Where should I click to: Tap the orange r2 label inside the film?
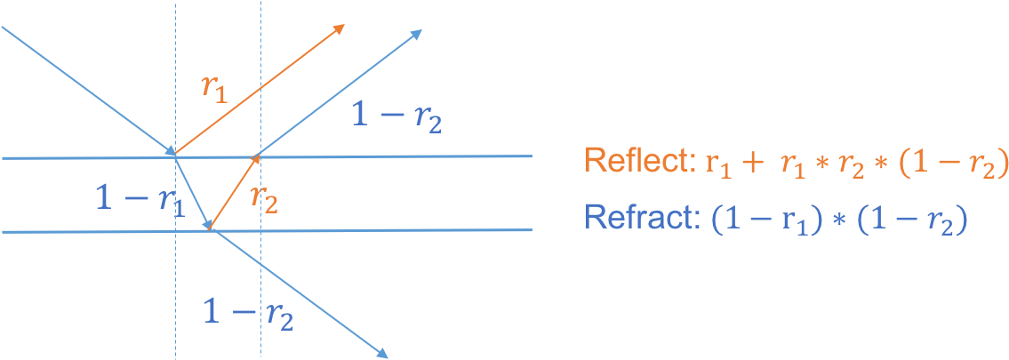pyautogui.click(x=263, y=197)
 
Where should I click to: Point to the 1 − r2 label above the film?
pyautogui.click(x=396, y=117)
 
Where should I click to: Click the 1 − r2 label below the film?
pyautogui.click(x=248, y=312)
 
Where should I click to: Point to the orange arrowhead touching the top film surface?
pyautogui.click(x=255, y=160)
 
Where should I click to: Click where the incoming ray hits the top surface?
pyautogui.click(x=173, y=156)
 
